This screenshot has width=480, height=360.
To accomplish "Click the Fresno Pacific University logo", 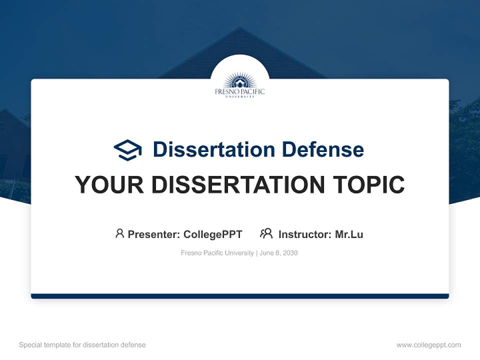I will [x=240, y=85].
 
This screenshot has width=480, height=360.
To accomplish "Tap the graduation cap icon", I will [x=127, y=150].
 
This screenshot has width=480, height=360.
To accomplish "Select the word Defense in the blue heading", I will [x=322, y=149].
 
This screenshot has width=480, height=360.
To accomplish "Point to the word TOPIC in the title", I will [x=365, y=185].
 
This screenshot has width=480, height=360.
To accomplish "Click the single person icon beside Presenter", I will [x=119, y=233].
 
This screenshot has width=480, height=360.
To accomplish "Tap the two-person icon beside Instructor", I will [x=266, y=233].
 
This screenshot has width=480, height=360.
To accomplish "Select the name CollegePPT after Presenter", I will [x=213, y=234].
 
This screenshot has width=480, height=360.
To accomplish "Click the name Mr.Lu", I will [x=349, y=234].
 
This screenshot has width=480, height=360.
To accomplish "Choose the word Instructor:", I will [x=305, y=234].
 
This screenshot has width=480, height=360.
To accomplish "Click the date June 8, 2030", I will [x=279, y=253].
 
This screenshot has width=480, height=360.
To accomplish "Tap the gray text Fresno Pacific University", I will [x=217, y=253].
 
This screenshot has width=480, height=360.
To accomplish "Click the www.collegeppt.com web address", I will [x=428, y=345].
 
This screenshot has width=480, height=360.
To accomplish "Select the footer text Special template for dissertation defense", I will [x=82, y=345].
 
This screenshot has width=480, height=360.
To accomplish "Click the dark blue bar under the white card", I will [x=240, y=296].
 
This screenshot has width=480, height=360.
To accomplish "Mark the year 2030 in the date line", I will [x=290, y=253].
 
